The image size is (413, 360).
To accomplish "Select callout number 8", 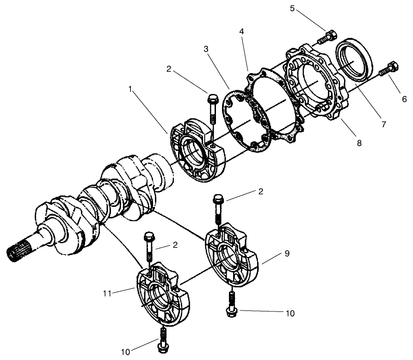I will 359,143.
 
